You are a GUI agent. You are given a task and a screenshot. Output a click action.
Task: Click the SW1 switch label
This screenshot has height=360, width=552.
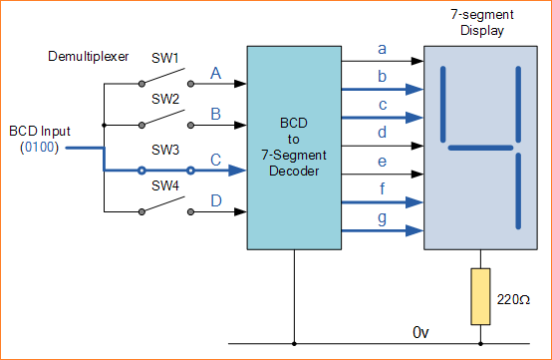(x=165, y=59)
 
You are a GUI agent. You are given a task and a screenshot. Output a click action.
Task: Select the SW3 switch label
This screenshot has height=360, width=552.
(x=165, y=149)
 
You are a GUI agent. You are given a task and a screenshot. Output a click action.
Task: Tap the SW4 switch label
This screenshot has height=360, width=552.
(x=165, y=186)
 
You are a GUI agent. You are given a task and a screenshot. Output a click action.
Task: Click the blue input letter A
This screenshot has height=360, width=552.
(x=214, y=73)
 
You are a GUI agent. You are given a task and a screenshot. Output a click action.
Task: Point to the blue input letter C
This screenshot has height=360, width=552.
(x=214, y=158)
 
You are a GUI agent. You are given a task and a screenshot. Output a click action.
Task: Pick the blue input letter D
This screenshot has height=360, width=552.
(x=214, y=200)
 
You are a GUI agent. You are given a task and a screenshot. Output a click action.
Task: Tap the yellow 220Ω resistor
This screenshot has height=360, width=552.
(x=480, y=296)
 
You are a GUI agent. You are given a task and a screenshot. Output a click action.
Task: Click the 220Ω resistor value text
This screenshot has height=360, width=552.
(x=514, y=298)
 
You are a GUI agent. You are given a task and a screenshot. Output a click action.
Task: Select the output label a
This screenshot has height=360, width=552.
(x=382, y=48)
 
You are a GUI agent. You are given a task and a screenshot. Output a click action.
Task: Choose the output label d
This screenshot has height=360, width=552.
(x=382, y=133)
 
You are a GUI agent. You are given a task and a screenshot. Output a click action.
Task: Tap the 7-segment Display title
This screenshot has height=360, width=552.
(x=481, y=22)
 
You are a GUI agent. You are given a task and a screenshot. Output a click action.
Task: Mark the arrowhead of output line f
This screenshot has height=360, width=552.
(x=416, y=201)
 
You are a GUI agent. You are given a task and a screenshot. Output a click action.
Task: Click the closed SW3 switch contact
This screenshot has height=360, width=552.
(x=167, y=171)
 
